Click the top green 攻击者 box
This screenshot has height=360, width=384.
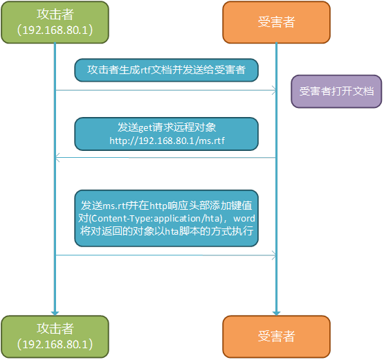pos(55,22)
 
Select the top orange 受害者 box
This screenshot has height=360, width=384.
pos(276,22)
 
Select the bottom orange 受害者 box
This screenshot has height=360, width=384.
pos(276,336)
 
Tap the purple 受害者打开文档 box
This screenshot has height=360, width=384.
pos(336,91)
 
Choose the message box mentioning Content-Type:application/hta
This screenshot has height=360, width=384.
pos(166,218)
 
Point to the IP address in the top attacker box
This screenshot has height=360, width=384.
pos(55,30)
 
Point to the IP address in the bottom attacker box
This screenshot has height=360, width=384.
pos(55,343)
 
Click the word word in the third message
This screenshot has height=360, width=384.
pos(243,218)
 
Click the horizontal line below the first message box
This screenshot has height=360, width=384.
pos(165,90)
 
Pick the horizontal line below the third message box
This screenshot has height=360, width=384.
pos(165,255)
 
